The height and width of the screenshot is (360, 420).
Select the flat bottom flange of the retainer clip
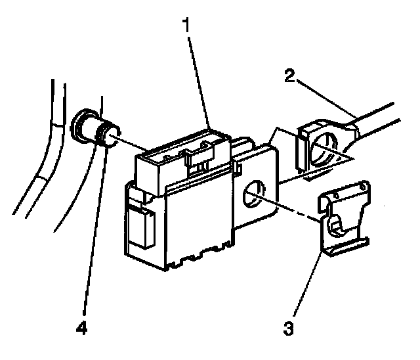345,246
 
